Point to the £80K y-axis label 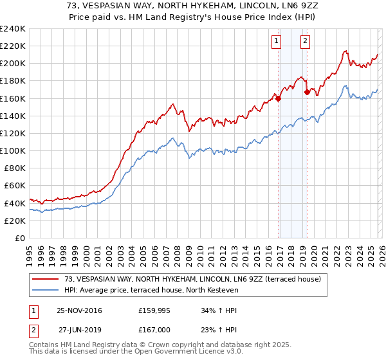[x=14, y=168]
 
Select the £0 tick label [x=20, y=238]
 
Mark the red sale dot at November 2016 [x=278, y=98]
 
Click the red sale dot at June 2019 [x=307, y=93]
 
